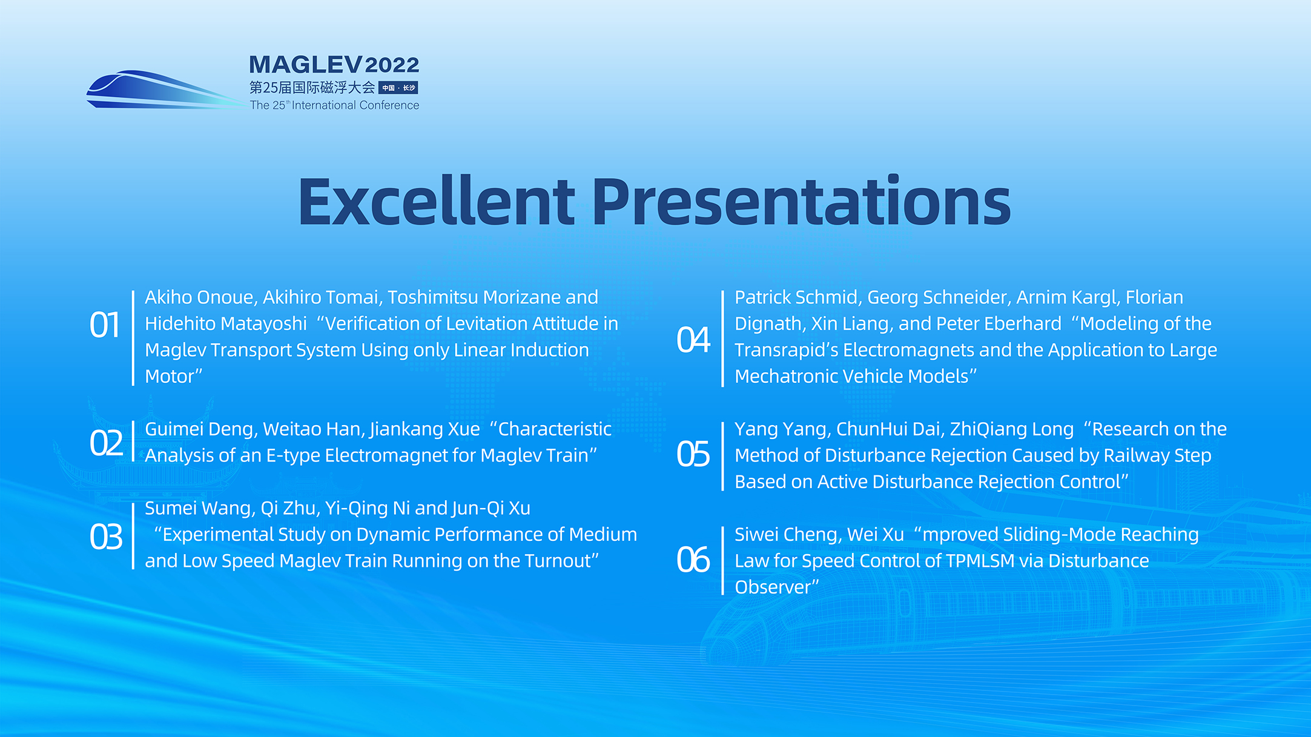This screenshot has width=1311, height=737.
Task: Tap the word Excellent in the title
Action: click(436, 202)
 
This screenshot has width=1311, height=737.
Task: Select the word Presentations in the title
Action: click(801, 202)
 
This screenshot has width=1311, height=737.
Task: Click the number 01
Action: click(105, 325)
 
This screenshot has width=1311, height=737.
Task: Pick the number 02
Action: click(106, 443)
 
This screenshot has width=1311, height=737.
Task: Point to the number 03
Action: click(106, 537)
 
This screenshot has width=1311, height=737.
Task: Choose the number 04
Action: click(693, 340)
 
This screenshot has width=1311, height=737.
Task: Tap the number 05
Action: click(693, 454)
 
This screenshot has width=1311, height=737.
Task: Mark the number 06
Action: click(693, 560)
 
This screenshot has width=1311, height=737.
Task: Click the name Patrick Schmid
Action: click(798, 297)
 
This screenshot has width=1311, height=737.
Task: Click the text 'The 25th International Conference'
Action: click(334, 105)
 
